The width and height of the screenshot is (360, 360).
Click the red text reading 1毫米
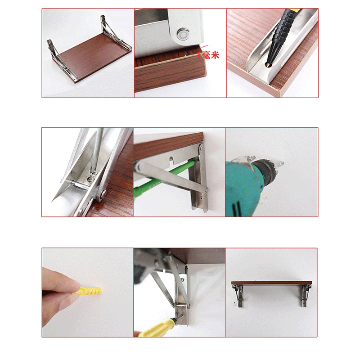[208, 55]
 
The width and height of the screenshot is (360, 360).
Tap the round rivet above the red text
[183, 33]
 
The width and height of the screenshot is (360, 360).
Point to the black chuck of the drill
[266, 170]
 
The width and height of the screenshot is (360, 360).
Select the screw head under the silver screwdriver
[92, 176]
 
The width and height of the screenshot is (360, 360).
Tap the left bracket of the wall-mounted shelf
[238, 296]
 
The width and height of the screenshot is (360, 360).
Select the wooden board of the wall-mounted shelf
[272, 283]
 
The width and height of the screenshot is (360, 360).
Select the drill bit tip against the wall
[280, 164]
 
